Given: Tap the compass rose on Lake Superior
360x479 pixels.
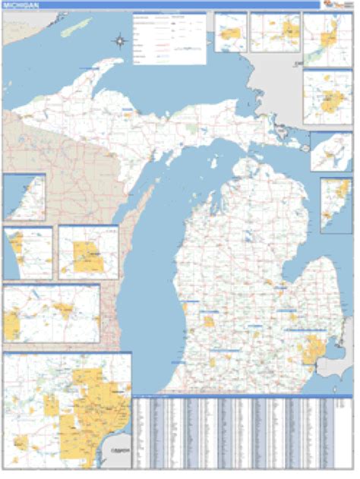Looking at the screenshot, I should tap(120, 41).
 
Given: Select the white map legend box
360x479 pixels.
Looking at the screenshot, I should tap(169, 37).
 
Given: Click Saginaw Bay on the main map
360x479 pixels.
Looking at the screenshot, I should tap(299, 274).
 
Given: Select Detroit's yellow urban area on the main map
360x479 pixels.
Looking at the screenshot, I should tap(312, 351).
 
